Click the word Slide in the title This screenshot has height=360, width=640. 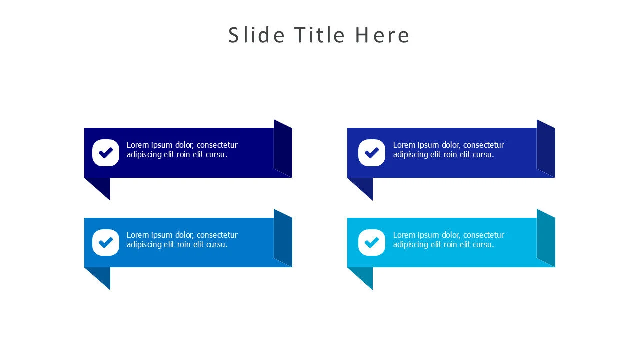pos(256,35)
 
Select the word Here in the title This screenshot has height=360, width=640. pos(382,35)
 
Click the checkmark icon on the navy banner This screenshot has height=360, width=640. pos(106,153)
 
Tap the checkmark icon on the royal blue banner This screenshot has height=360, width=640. pos(372,153)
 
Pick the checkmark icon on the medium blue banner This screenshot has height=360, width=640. pos(106,242)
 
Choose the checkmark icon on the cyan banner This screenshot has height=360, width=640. pos(372,242)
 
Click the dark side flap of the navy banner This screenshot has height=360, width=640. pos(283,149)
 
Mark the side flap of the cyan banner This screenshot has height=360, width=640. pos(546,238)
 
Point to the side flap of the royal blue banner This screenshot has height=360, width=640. pos(546,149)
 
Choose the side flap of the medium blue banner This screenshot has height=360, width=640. pos(283,238)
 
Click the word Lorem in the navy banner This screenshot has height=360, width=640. pos(138,145)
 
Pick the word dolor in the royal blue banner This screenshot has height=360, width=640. pos(451,145)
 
